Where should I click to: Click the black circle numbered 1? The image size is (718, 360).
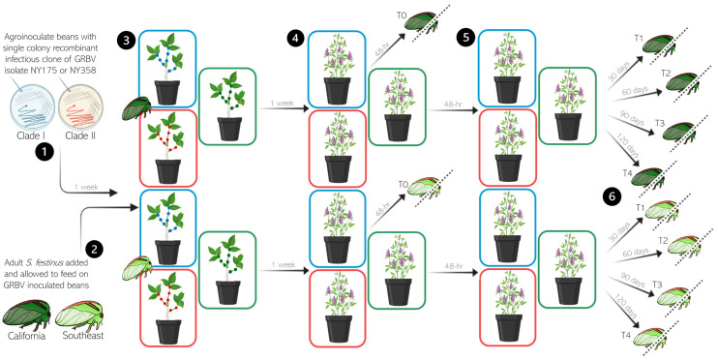[45, 153]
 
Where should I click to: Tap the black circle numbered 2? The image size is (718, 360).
[94, 249]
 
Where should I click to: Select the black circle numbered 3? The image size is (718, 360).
[126, 41]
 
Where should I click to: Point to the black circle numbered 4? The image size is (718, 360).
[296, 39]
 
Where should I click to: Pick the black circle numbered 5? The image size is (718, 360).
[466, 38]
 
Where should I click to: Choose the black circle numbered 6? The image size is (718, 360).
[613, 196]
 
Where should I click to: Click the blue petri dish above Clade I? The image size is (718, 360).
[32, 108]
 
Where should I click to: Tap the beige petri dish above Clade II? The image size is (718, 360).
[80, 108]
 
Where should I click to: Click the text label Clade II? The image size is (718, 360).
[79, 136]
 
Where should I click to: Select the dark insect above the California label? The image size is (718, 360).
[27, 314]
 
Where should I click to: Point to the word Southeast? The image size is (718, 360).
[83, 335]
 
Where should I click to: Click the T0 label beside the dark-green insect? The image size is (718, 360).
[402, 15]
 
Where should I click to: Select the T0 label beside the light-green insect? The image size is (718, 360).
[403, 184]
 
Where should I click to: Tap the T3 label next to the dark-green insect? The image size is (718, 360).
[659, 123]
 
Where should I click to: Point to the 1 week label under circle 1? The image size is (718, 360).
[86, 187]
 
